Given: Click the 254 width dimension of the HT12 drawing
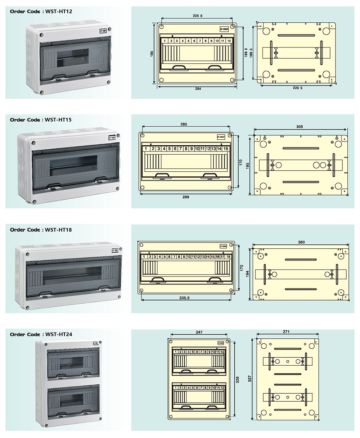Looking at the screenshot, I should click(198, 89).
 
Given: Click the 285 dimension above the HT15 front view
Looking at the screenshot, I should click(184, 125).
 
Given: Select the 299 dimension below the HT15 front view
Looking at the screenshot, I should click(186, 197).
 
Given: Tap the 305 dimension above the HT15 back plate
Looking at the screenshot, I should click(300, 127).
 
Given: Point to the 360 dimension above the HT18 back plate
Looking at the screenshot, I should click(301, 242).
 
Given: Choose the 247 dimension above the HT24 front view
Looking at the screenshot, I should click(199, 332).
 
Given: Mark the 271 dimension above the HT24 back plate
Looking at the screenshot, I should click(286, 332).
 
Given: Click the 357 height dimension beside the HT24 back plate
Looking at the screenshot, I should click(249, 379).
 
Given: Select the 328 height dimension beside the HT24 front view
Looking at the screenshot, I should click(237, 380).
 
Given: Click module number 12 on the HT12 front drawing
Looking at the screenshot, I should click(229, 41).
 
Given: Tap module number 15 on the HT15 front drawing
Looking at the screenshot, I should click(226, 149).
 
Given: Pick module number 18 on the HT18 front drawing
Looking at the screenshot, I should click(228, 257).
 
